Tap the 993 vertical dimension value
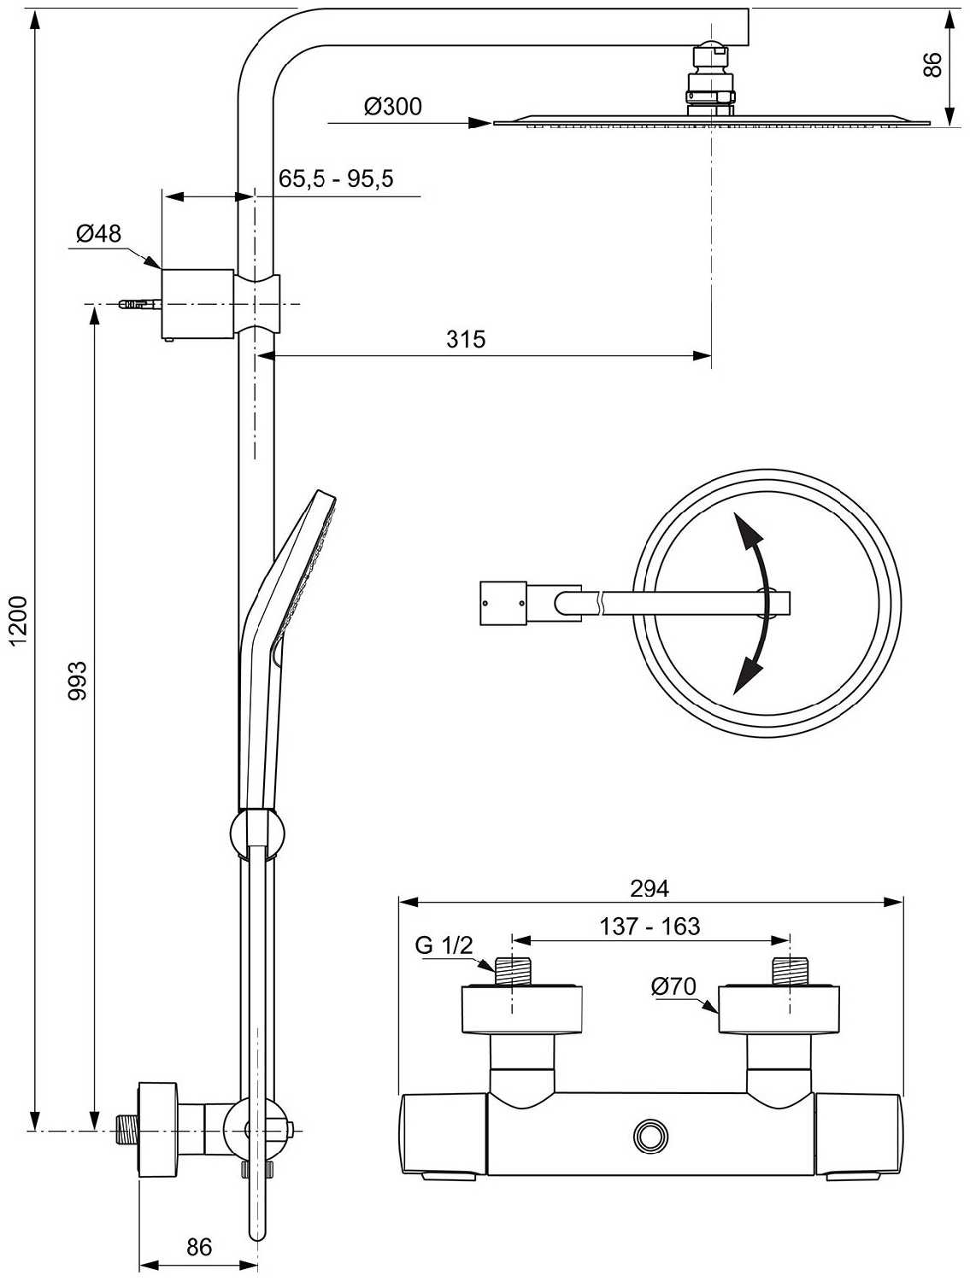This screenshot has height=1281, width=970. pos(77,681)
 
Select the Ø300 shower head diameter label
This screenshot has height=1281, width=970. pos(392,107)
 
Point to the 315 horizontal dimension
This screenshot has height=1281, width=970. pos(466,339)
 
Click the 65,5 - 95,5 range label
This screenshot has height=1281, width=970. pos(336,178)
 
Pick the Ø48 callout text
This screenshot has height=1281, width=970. pos(98,233)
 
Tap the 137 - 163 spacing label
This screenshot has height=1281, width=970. pos(650,927)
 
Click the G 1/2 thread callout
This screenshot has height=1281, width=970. pos(444,945)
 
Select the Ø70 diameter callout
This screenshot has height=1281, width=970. pos(674,986)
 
